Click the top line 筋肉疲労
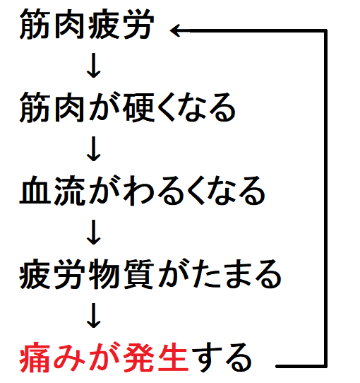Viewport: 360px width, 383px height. (x=87, y=24)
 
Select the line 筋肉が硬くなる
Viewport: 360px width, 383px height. (x=127, y=107)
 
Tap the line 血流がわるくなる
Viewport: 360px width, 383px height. (x=143, y=191)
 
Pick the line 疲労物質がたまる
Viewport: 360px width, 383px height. (x=150, y=274)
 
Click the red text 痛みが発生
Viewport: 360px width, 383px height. (x=104, y=358)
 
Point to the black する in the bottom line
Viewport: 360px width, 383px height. (x=222, y=358)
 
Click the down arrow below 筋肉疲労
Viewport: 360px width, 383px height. (x=94, y=66)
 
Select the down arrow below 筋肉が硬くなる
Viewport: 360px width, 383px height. (x=94, y=149)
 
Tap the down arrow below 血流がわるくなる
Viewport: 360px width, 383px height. (x=94, y=232)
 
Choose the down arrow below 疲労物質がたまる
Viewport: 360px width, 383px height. (x=94, y=315)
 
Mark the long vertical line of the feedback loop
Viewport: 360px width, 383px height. (x=325, y=199)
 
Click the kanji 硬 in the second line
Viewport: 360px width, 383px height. (x=138, y=107)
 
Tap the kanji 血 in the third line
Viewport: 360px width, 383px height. (x=35, y=191)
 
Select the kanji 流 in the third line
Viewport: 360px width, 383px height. (x=70, y=191)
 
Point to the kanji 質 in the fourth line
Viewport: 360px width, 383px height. (x=138, y=274)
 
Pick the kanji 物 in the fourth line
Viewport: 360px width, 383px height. (x=104, y=274)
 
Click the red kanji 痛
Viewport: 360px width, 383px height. (x=35, y=358)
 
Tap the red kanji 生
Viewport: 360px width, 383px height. (x=173, y=358)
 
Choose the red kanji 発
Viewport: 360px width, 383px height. (x=138, y=358)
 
